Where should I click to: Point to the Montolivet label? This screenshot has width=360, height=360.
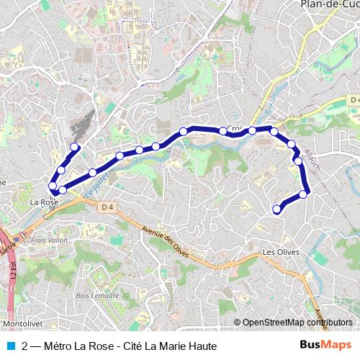pyautogui.click(x=22, y=325)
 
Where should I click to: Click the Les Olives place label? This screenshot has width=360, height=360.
pyautogui.click(x=280, y=252)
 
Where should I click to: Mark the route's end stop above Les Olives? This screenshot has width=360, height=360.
pyautogui.click(x=277, y=210)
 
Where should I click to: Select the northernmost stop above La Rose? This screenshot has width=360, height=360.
pyautogui.click(x=74, y=147)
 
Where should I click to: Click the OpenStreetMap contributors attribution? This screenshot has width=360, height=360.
pyautogui.click(x=297, y=323)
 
